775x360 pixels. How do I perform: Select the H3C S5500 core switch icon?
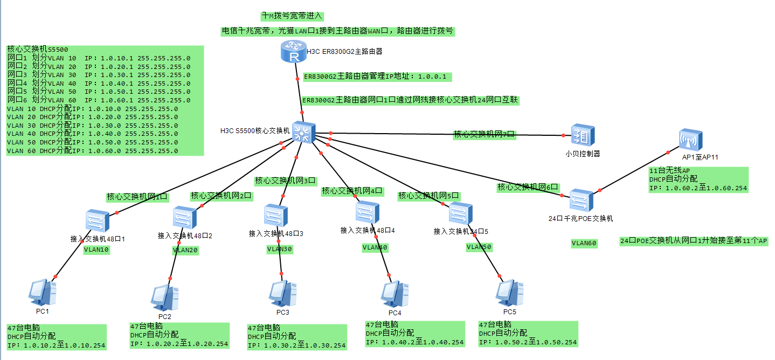coord(303,131)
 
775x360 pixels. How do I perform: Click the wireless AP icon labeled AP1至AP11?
coord(690,140)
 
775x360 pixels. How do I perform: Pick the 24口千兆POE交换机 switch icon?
coord(582,200)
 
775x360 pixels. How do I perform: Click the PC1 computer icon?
coord(43,293)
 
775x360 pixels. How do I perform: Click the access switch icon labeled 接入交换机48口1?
coord(98,221)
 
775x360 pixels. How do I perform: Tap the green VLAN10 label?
coord(96,250)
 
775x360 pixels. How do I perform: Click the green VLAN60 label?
coord(584,244)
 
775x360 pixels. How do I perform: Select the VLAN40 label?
coord(375,247)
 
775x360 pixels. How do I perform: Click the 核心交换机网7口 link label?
coord(485,134)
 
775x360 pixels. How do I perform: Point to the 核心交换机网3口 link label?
coord(286,181)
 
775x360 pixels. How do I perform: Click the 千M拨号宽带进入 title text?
coord(292,16)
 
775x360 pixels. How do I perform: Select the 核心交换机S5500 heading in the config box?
coord(38,50)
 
